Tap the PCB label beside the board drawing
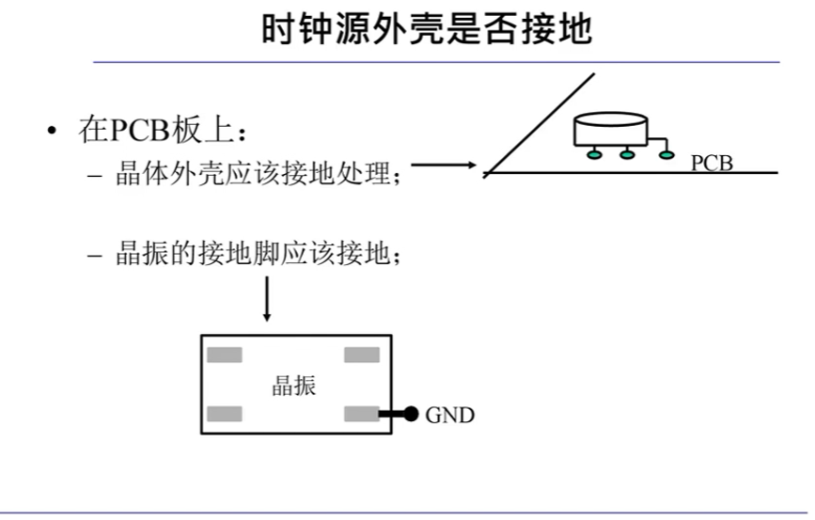712,163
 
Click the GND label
450,415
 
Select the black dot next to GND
411,414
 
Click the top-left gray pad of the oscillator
225,355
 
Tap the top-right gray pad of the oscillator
362,355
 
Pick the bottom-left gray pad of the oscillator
225,414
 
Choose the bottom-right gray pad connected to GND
362,414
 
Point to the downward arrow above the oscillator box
267,299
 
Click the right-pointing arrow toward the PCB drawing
444,165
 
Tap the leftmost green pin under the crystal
593,155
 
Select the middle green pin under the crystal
627,155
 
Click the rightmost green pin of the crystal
666,155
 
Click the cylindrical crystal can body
611,130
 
